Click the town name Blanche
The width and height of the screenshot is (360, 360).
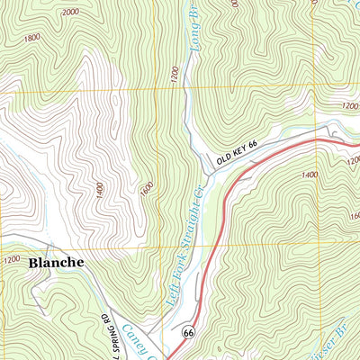[56, 262]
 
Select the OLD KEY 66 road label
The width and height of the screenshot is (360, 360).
[236, 156]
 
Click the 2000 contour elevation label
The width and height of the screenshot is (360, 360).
[71, 13]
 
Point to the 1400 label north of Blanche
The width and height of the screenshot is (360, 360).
[96, 189]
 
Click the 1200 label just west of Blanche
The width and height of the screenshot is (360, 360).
[11, 260]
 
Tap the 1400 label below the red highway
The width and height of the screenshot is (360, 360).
[310, 175]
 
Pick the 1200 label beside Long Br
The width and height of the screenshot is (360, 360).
[173, 80]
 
